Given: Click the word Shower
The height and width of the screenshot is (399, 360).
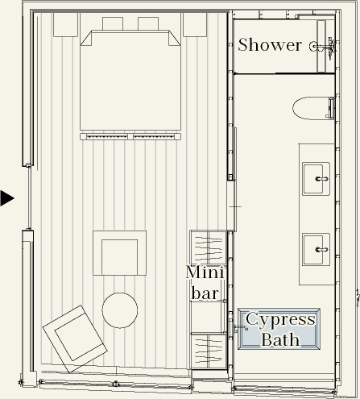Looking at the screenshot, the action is [270, 45].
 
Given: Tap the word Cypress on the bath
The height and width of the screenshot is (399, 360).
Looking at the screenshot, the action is [280, 320].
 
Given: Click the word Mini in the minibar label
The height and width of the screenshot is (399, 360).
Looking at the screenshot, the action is [205, 272].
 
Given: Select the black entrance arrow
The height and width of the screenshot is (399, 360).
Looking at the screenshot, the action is [6, 198].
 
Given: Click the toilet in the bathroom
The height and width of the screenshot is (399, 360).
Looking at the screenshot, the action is [313, 108].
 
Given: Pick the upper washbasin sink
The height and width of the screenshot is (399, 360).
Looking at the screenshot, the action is [316, 179].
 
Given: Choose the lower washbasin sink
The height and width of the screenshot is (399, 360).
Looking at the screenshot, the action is [316, 250].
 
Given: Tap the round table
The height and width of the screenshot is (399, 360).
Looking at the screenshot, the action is [120, 310].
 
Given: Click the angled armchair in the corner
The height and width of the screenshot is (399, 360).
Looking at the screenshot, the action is [75, 339].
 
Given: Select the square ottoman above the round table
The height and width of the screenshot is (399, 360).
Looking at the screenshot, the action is [120, 253].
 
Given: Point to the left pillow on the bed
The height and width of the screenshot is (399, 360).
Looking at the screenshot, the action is [113, 23].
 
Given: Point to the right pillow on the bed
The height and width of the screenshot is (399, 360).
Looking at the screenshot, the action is [148, 23].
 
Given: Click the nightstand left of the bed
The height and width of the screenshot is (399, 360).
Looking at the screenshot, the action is [65, 25].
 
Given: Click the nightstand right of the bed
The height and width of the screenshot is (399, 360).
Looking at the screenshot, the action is [195, 25].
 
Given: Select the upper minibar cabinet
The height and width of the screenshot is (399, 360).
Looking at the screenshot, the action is [208, 247].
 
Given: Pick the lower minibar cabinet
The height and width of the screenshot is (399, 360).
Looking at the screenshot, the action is [209, 351].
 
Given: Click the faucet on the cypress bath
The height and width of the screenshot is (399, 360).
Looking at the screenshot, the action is [241, 328].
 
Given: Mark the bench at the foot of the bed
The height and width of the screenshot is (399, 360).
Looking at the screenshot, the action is [130, 136].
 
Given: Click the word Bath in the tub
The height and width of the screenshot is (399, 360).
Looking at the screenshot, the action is [280, 339].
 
